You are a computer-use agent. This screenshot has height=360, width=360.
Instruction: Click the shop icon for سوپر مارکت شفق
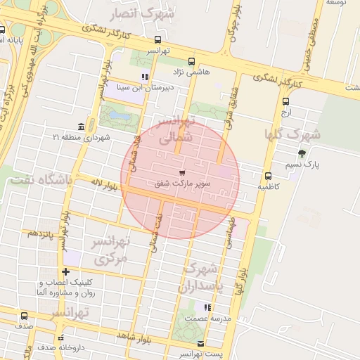click(183, 172)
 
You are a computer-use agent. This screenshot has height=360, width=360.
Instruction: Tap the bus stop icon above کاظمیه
click(268, 176)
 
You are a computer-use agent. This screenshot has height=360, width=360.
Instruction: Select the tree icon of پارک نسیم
click(302, 153)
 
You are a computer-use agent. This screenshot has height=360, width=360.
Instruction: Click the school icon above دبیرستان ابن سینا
click(146, 77)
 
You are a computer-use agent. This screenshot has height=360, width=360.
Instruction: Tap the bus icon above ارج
click(285, 101)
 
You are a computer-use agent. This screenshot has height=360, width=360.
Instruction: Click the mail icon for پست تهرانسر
click(202, 344)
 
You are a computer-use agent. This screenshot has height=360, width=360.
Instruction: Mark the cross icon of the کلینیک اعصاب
click(65, 272)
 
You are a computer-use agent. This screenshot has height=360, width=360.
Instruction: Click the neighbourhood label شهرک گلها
click(292, 134)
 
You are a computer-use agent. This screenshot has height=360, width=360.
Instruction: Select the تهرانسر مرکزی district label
click(111, 250)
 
